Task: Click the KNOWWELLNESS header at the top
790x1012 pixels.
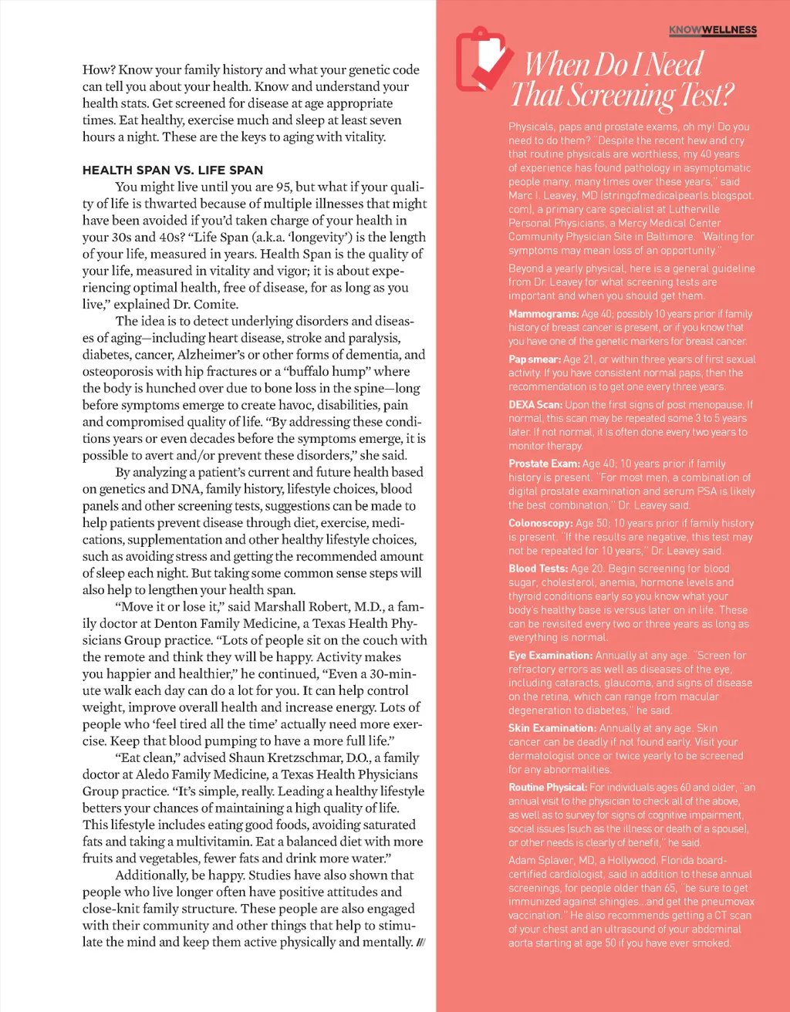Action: (x=712, y=30)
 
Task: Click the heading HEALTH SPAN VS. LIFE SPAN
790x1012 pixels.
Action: (x=173, y=170)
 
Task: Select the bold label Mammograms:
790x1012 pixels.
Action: (x=543, y=314)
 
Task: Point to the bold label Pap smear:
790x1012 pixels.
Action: (x=534, y=359)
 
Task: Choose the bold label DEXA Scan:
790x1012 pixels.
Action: (x=535, y=404)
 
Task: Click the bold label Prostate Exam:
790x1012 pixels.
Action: (x=544, y=464)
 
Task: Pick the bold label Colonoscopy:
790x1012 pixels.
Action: (x=540, y=523)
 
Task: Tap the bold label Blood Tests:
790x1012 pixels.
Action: (x=538, y=568)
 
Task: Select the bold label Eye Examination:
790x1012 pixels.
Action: (x=550, y=656)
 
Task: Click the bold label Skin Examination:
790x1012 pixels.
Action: (x=552, y=728)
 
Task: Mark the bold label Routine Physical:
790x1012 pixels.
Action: (x=548, y=788)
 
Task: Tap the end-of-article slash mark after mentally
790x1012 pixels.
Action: (x=420, y=943)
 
